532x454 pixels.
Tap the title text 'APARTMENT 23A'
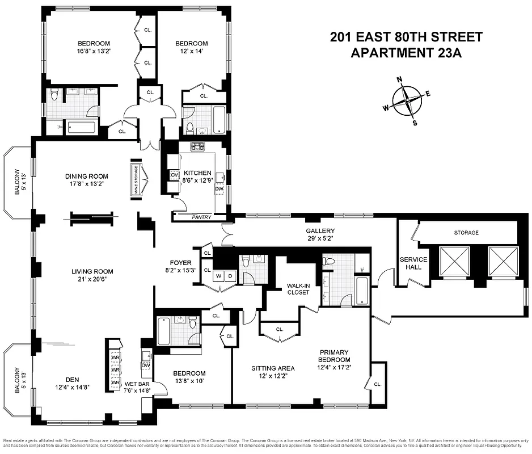click(x=407, y=54)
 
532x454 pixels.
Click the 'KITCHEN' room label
click(x=197, y=173)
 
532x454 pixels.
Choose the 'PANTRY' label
click(x=201, y=217)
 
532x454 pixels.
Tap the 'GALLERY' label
click(x=320, y=231)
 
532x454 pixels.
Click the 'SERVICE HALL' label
click(x=413, y=263)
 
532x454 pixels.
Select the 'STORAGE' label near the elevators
click(x=466, y=233)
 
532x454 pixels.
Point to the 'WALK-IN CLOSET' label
click(x=298, y=288)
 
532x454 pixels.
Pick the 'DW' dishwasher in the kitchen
click(x=219, y=189)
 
